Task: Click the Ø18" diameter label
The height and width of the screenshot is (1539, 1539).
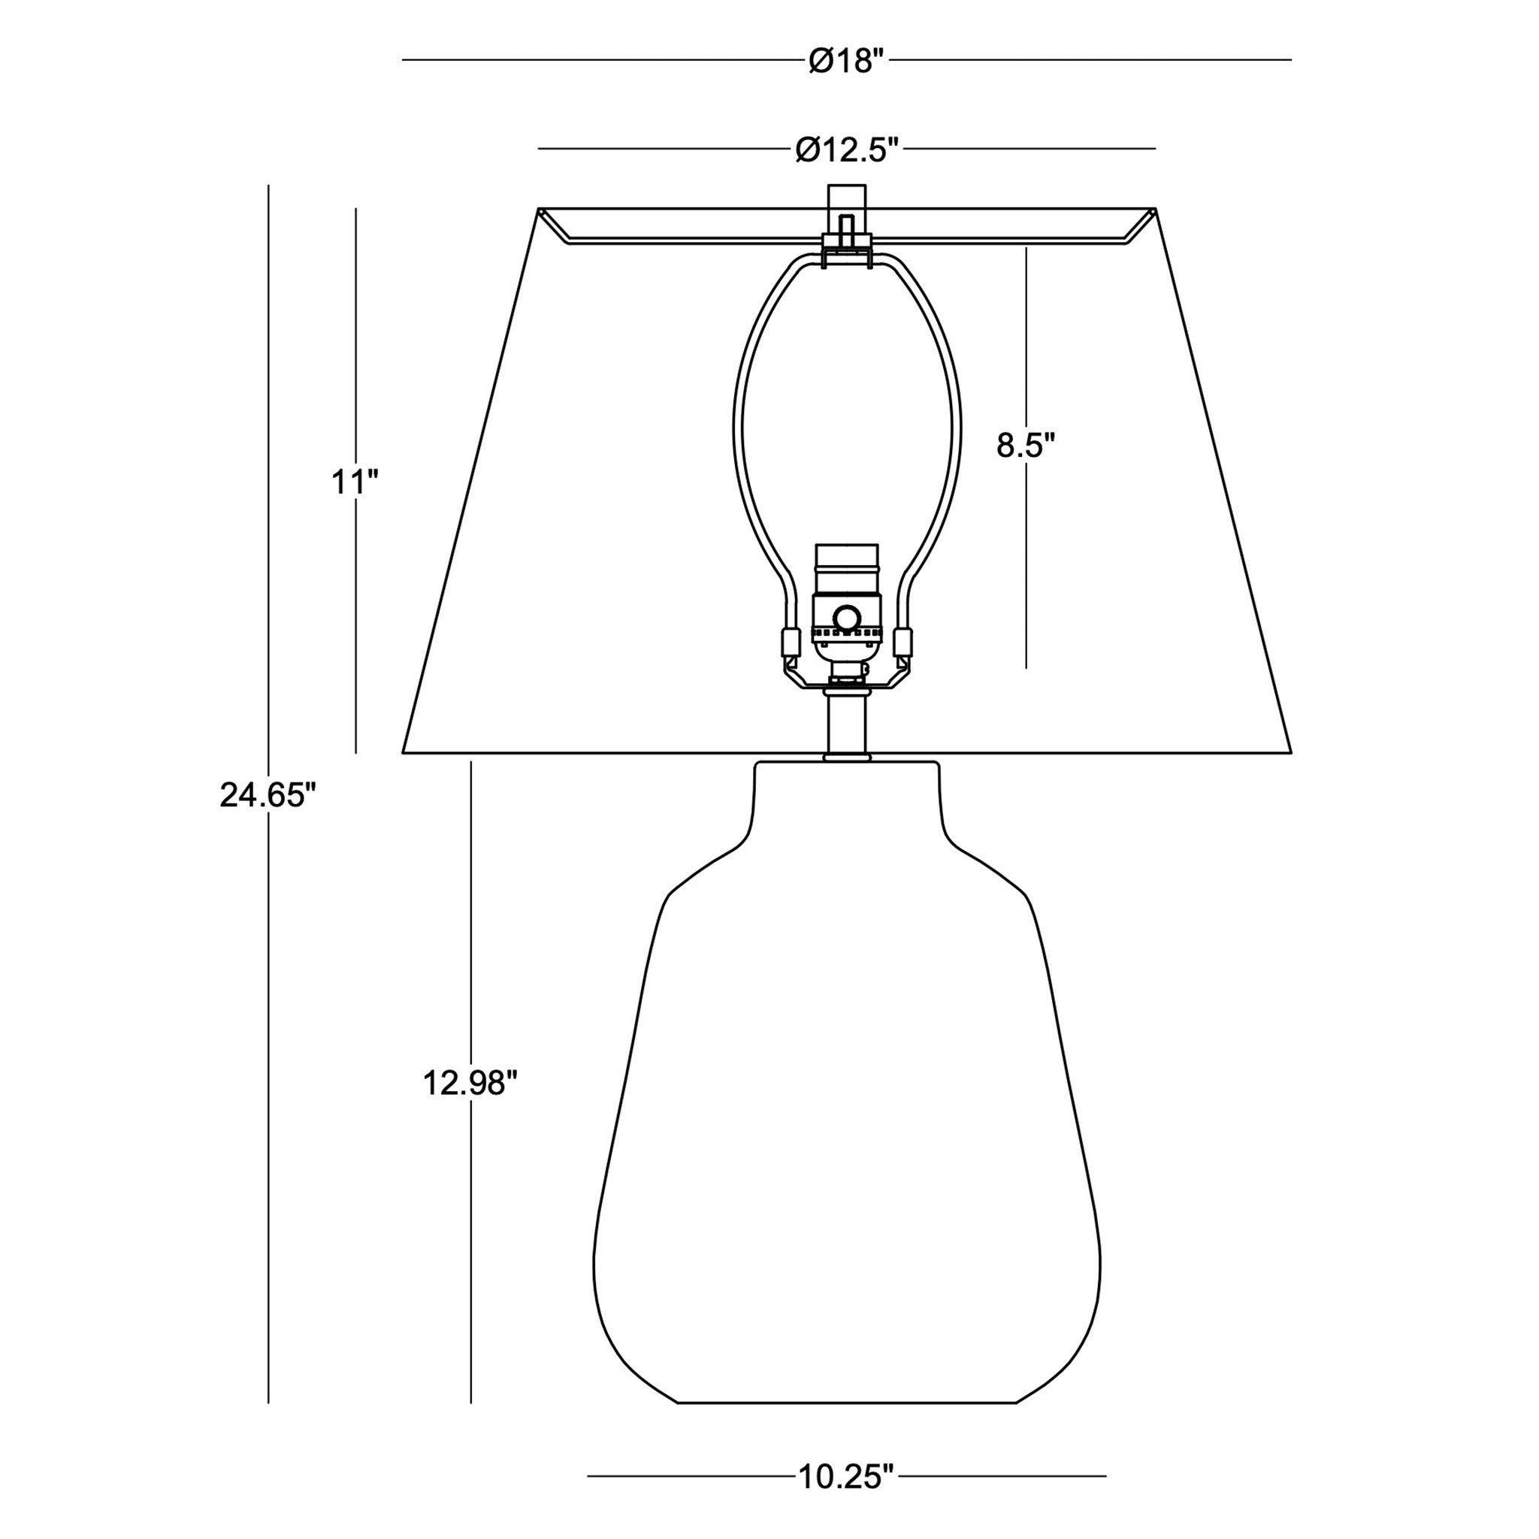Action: (847, 61)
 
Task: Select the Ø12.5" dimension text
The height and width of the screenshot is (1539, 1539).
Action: (847, 149)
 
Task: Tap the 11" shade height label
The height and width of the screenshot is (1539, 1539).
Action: (355, 481)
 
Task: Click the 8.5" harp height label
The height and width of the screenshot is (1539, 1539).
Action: (1025, 446)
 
